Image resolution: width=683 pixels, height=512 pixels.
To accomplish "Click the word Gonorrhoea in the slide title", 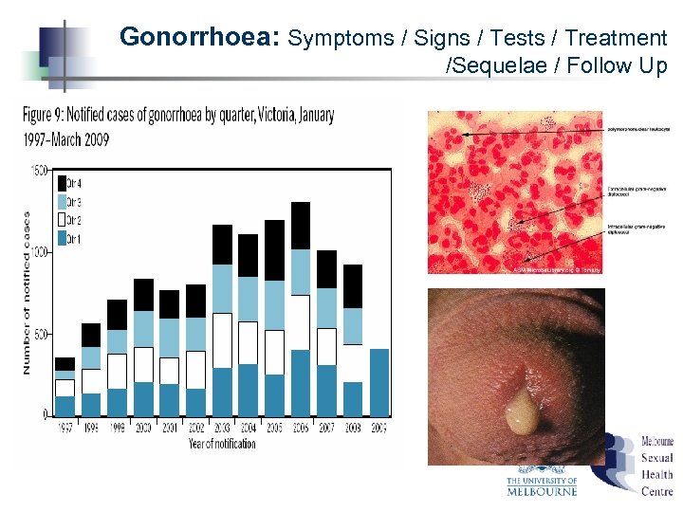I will point(198,38).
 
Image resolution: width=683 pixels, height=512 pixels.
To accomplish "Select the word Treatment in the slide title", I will point(616,38).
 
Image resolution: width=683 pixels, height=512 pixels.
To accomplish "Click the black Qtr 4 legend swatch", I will point(63,183).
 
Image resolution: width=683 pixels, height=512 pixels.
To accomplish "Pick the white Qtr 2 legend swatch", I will point(63,221).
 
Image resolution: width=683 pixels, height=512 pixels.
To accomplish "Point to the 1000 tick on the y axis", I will point(39,252).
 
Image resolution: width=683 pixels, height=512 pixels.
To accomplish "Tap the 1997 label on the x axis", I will point(65,429).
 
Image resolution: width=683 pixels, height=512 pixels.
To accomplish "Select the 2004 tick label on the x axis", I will point(248,429).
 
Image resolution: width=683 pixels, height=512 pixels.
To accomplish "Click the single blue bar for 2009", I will point(378,382).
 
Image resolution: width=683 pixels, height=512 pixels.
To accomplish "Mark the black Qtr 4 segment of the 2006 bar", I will point(300,226).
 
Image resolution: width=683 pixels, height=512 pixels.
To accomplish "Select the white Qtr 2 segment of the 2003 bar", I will point(222,339).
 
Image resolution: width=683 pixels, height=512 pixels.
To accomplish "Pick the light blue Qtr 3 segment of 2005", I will point(274,305).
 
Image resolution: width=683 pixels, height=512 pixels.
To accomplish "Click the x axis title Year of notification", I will point(223,443).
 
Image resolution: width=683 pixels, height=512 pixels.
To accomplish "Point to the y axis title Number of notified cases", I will point(27,292).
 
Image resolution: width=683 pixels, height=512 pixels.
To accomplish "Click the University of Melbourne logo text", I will point(542,486).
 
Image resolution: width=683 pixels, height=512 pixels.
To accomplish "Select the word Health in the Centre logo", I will point(656,475).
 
